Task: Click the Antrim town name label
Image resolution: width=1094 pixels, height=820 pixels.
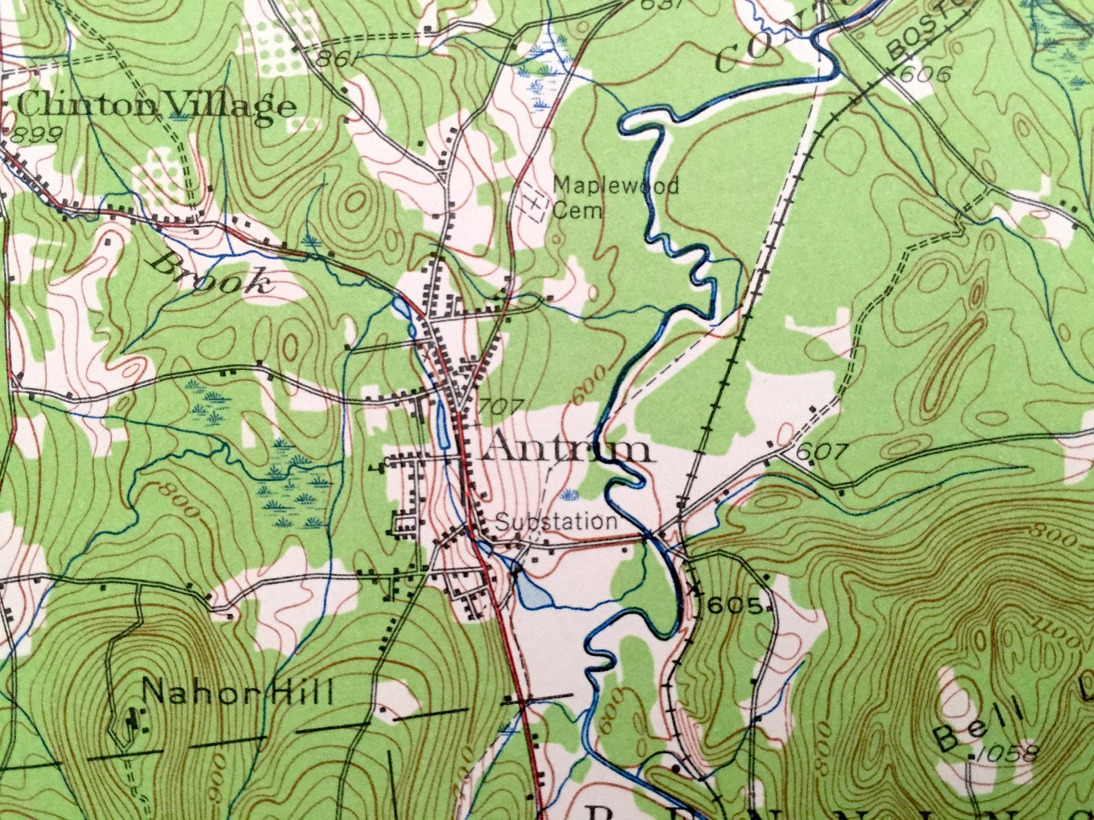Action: (566, 449)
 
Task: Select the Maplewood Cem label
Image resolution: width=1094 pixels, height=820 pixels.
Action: (616, 196)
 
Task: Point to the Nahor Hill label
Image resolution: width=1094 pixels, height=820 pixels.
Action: (238, 691)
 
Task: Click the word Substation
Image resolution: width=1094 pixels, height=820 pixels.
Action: (556, 521)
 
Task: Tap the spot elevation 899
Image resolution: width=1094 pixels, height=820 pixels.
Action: (37, 134)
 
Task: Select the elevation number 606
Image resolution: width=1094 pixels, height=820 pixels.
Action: (925, 74)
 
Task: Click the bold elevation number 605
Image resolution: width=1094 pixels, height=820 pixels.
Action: (734, 605)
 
